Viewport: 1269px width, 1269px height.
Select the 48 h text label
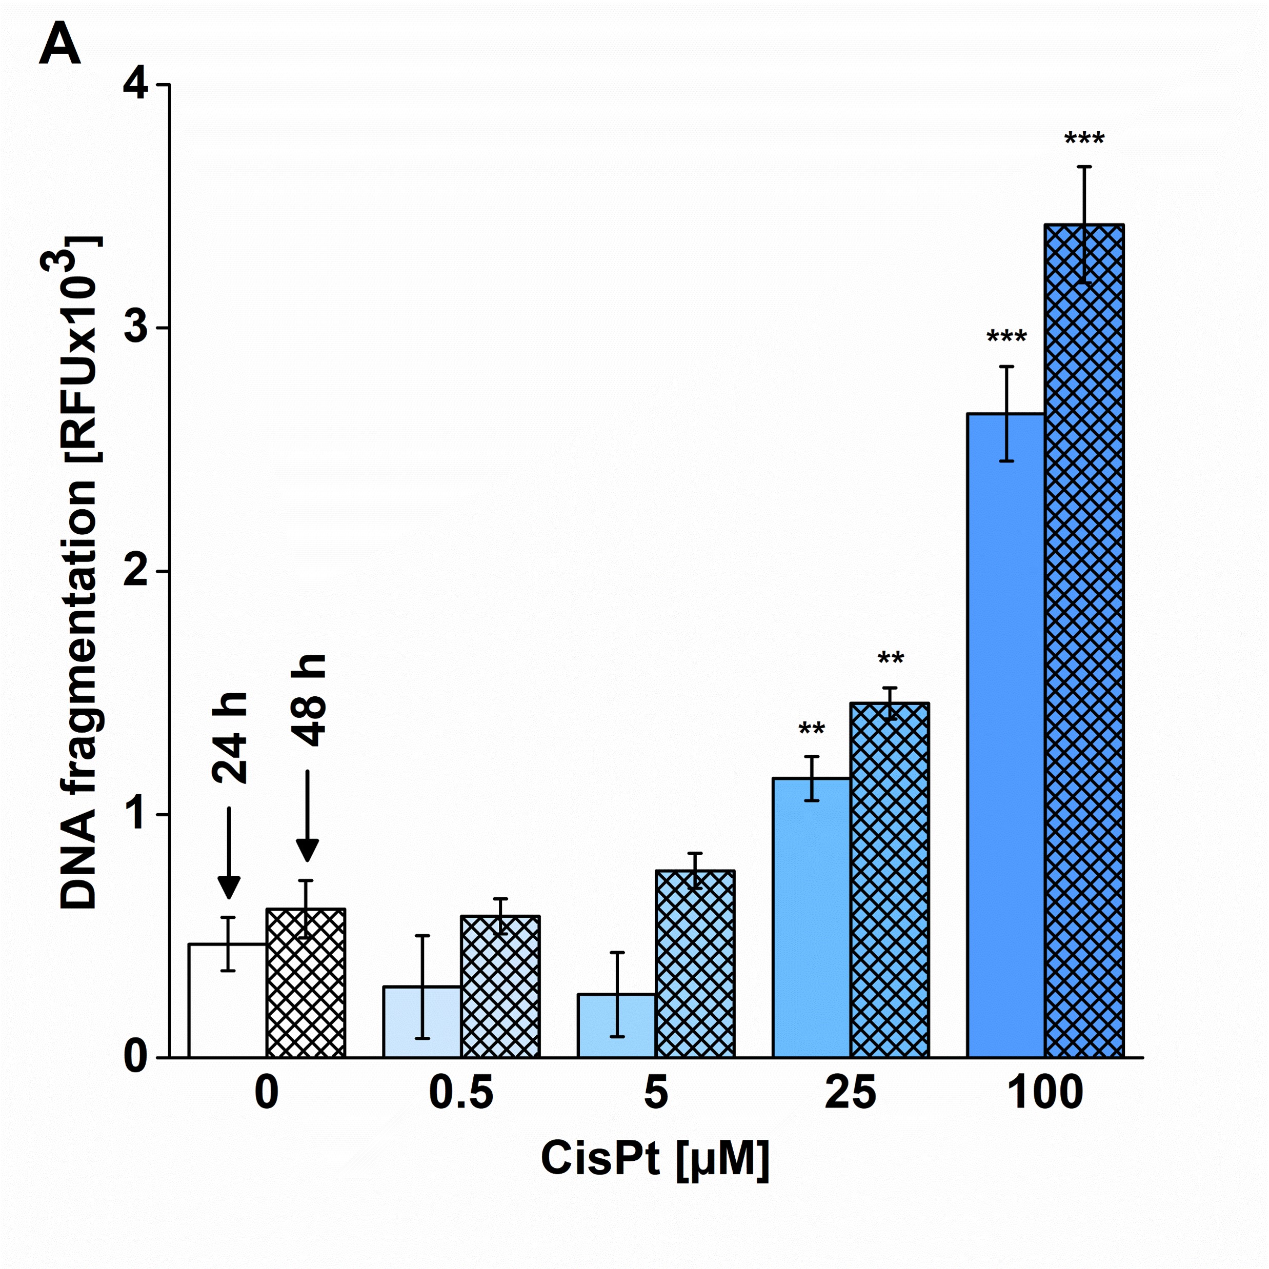click(x=308, y=700)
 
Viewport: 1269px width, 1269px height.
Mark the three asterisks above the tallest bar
click(x=1084, y=140)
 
